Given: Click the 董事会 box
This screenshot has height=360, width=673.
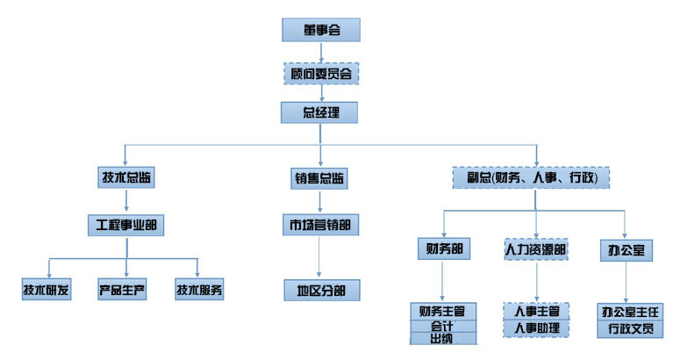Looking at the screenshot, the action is (x=321, y=30).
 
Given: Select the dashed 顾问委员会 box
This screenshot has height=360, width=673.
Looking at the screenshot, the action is (x=321, y=74).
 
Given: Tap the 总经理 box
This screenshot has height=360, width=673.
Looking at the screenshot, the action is (x=319, y=112).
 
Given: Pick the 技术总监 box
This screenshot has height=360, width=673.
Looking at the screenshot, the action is (x=126, y=177).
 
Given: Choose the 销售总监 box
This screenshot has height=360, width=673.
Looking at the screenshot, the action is (x=319, y=178).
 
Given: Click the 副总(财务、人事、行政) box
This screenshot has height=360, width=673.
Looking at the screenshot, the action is (x=532, y=177).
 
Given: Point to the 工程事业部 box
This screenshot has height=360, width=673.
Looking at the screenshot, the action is (x=125, y=225).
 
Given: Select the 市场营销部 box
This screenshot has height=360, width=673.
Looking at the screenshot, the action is (x=320, y=225).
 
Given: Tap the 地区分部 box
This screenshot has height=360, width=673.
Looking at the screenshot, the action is (x=322, y=291).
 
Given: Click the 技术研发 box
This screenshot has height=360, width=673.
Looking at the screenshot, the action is (x=47, y=289).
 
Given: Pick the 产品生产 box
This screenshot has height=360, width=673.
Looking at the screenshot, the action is (x=122, y=289).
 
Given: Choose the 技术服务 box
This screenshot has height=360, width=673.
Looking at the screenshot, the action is (x=199, y=289).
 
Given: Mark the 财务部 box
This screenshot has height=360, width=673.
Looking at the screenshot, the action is (x=444, y=248).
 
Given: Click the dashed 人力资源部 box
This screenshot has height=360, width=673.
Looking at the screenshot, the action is (x=536, y=249).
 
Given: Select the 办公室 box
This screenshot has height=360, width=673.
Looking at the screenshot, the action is (x=626, y=250).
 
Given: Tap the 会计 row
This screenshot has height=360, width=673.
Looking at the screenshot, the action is (x=443, y=326).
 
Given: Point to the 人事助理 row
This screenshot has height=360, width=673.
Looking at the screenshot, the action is (x=536, y=328).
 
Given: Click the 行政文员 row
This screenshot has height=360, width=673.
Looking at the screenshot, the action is (x=630, y=329).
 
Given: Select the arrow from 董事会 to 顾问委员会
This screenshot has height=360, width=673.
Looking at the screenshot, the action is (x=321, y=53).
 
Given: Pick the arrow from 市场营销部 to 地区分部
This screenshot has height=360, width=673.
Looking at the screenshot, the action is (x=319, y=256).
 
